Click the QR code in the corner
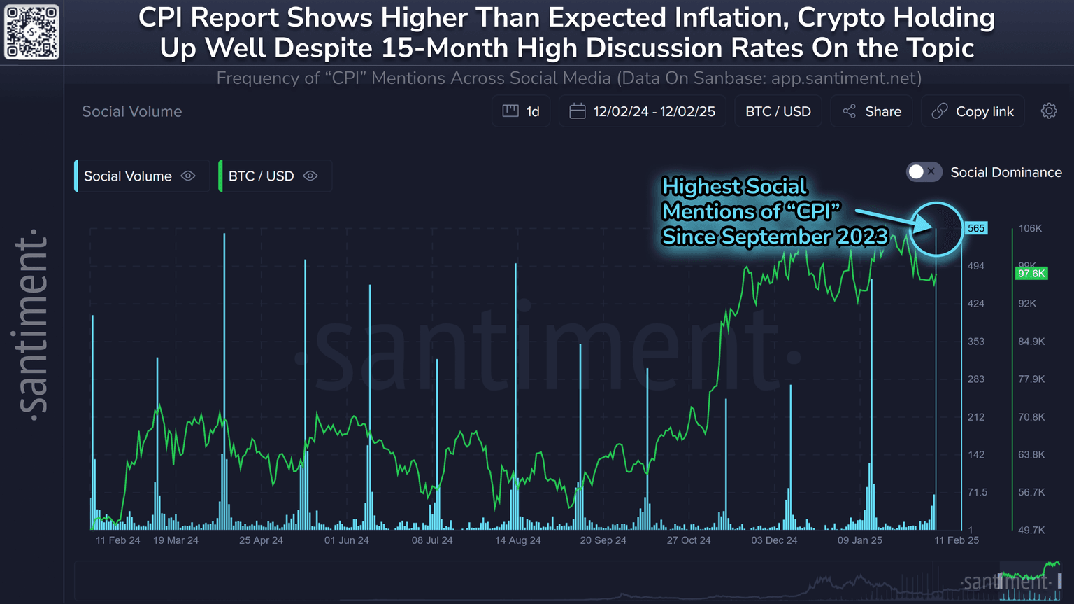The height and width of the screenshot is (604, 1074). point(31,32)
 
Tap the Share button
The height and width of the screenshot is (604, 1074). point(872,111)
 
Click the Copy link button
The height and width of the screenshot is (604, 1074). point(973,111)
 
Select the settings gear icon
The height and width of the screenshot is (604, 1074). point(1049,111)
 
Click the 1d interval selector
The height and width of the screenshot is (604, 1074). point(522,111)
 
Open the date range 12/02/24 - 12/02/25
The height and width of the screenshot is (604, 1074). point(643,111)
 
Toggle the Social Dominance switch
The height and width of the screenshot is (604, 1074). point(924,172)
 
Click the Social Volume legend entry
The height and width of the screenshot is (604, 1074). point(128,176)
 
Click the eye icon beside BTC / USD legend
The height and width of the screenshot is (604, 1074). point(310,176)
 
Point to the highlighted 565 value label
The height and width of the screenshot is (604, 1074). point(976,228)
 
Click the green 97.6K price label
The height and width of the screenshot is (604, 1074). point(1031,273)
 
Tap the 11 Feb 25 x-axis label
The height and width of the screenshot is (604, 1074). point(957,540)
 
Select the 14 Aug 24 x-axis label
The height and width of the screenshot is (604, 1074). point(517,540)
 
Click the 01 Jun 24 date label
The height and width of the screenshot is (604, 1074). point(346,540)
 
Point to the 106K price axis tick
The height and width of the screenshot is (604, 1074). point(1030,228)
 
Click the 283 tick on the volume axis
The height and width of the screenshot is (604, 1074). point(975,379)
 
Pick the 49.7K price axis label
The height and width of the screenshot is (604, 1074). point(1031,530)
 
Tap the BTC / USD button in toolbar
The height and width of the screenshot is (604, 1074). point(778,111)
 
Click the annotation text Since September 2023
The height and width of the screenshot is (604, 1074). point(775,237)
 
